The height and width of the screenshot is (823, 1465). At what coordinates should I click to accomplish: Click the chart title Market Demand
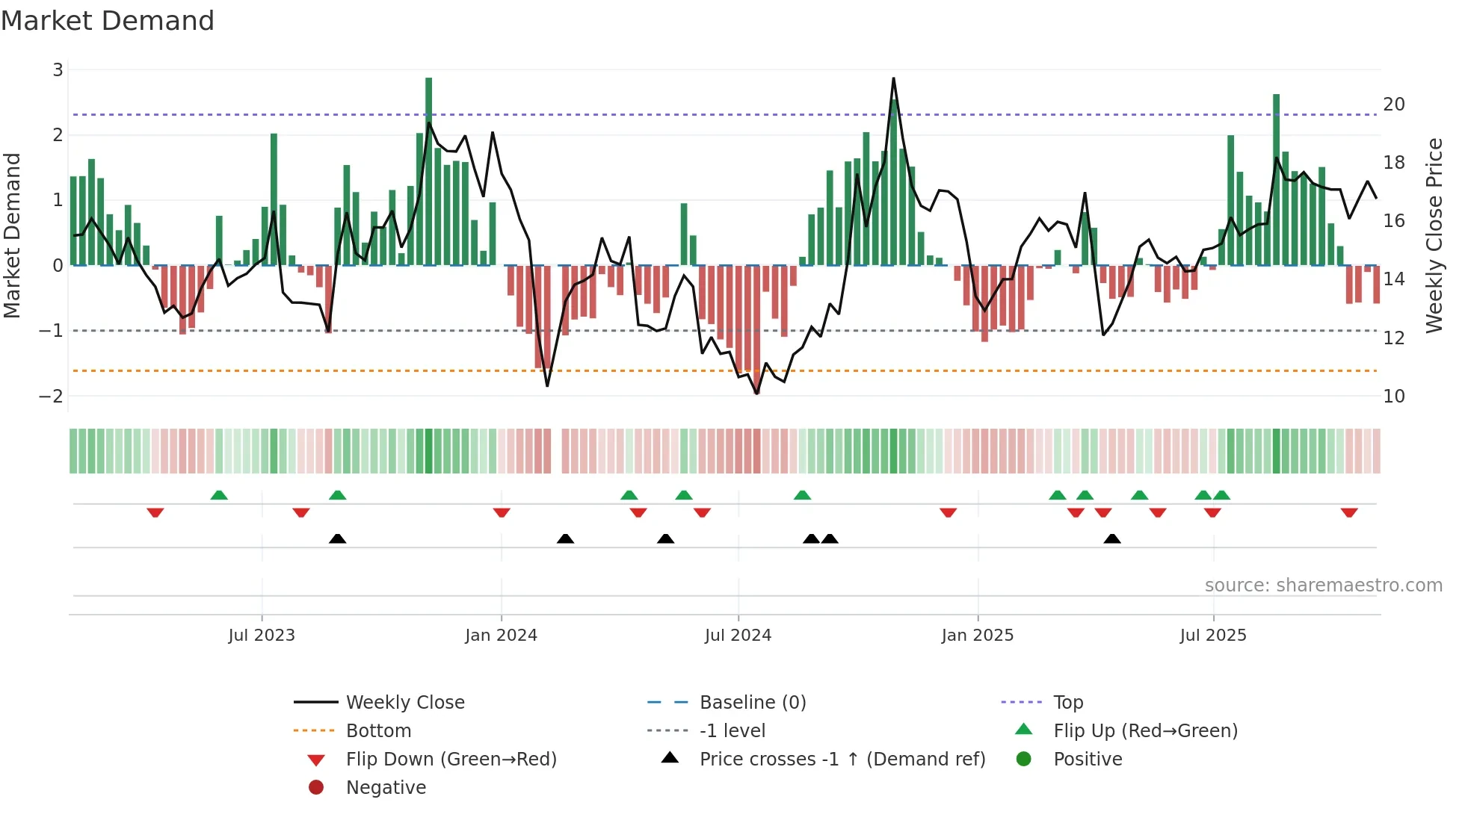click(108, 21)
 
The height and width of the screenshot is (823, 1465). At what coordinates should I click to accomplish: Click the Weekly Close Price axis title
click(1434, 235)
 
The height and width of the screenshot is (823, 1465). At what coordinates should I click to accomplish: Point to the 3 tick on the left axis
click(58, 70)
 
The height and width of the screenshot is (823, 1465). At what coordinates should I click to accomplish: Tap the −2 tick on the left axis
click(51, 397)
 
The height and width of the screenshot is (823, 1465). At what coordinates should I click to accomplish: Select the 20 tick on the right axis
click(1393, 105)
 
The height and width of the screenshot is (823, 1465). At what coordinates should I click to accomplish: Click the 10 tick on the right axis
click(1393, 397)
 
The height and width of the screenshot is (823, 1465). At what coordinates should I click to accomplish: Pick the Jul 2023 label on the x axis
click(262, 636)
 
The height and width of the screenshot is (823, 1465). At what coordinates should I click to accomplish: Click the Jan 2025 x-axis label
click(977, 636)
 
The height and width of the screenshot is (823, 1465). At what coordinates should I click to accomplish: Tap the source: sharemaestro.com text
click(1323, 586)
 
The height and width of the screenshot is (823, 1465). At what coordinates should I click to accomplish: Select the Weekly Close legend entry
click(404, 703)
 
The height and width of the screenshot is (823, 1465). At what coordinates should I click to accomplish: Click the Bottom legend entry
click(378, 731)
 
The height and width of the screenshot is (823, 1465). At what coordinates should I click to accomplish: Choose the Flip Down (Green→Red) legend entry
click(451, 760)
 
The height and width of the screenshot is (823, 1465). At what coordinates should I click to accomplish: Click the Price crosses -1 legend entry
click(842, 760)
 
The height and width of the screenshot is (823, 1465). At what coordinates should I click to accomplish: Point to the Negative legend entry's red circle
click(316, 787)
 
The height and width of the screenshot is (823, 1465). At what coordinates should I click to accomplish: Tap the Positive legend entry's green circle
click(1024, 759)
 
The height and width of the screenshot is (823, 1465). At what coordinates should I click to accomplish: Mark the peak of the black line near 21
click(893, 78)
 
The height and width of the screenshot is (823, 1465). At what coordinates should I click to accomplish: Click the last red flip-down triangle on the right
click(1349, 512)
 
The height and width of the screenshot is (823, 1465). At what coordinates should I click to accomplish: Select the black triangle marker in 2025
click(1112, 538)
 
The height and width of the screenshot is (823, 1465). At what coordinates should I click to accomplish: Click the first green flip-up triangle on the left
click(219, 495)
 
